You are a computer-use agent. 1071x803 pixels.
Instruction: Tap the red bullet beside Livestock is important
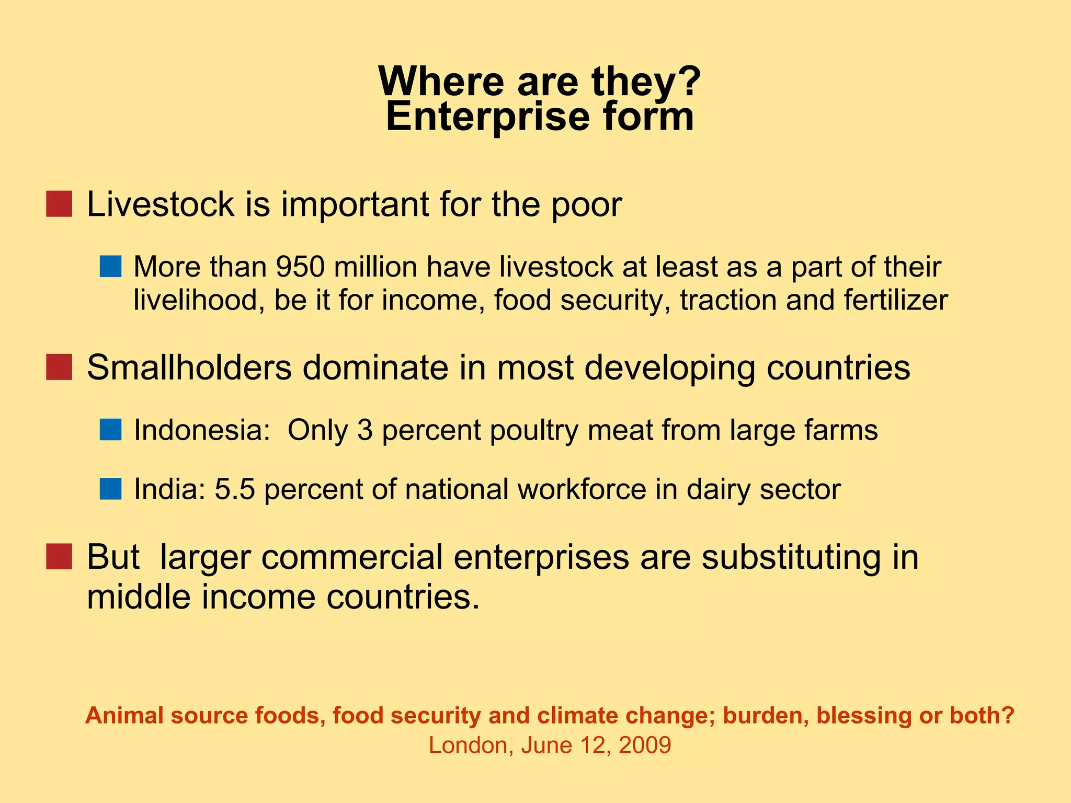point(59,204)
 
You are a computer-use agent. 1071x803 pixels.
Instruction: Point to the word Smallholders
point(189,368)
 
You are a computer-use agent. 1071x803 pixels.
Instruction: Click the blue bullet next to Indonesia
point(110,430)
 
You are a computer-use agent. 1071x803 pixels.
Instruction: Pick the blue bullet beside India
point(110,489)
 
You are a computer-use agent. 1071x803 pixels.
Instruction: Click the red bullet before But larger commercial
point(59,557)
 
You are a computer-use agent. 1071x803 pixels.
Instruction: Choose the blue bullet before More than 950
point(110,267)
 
